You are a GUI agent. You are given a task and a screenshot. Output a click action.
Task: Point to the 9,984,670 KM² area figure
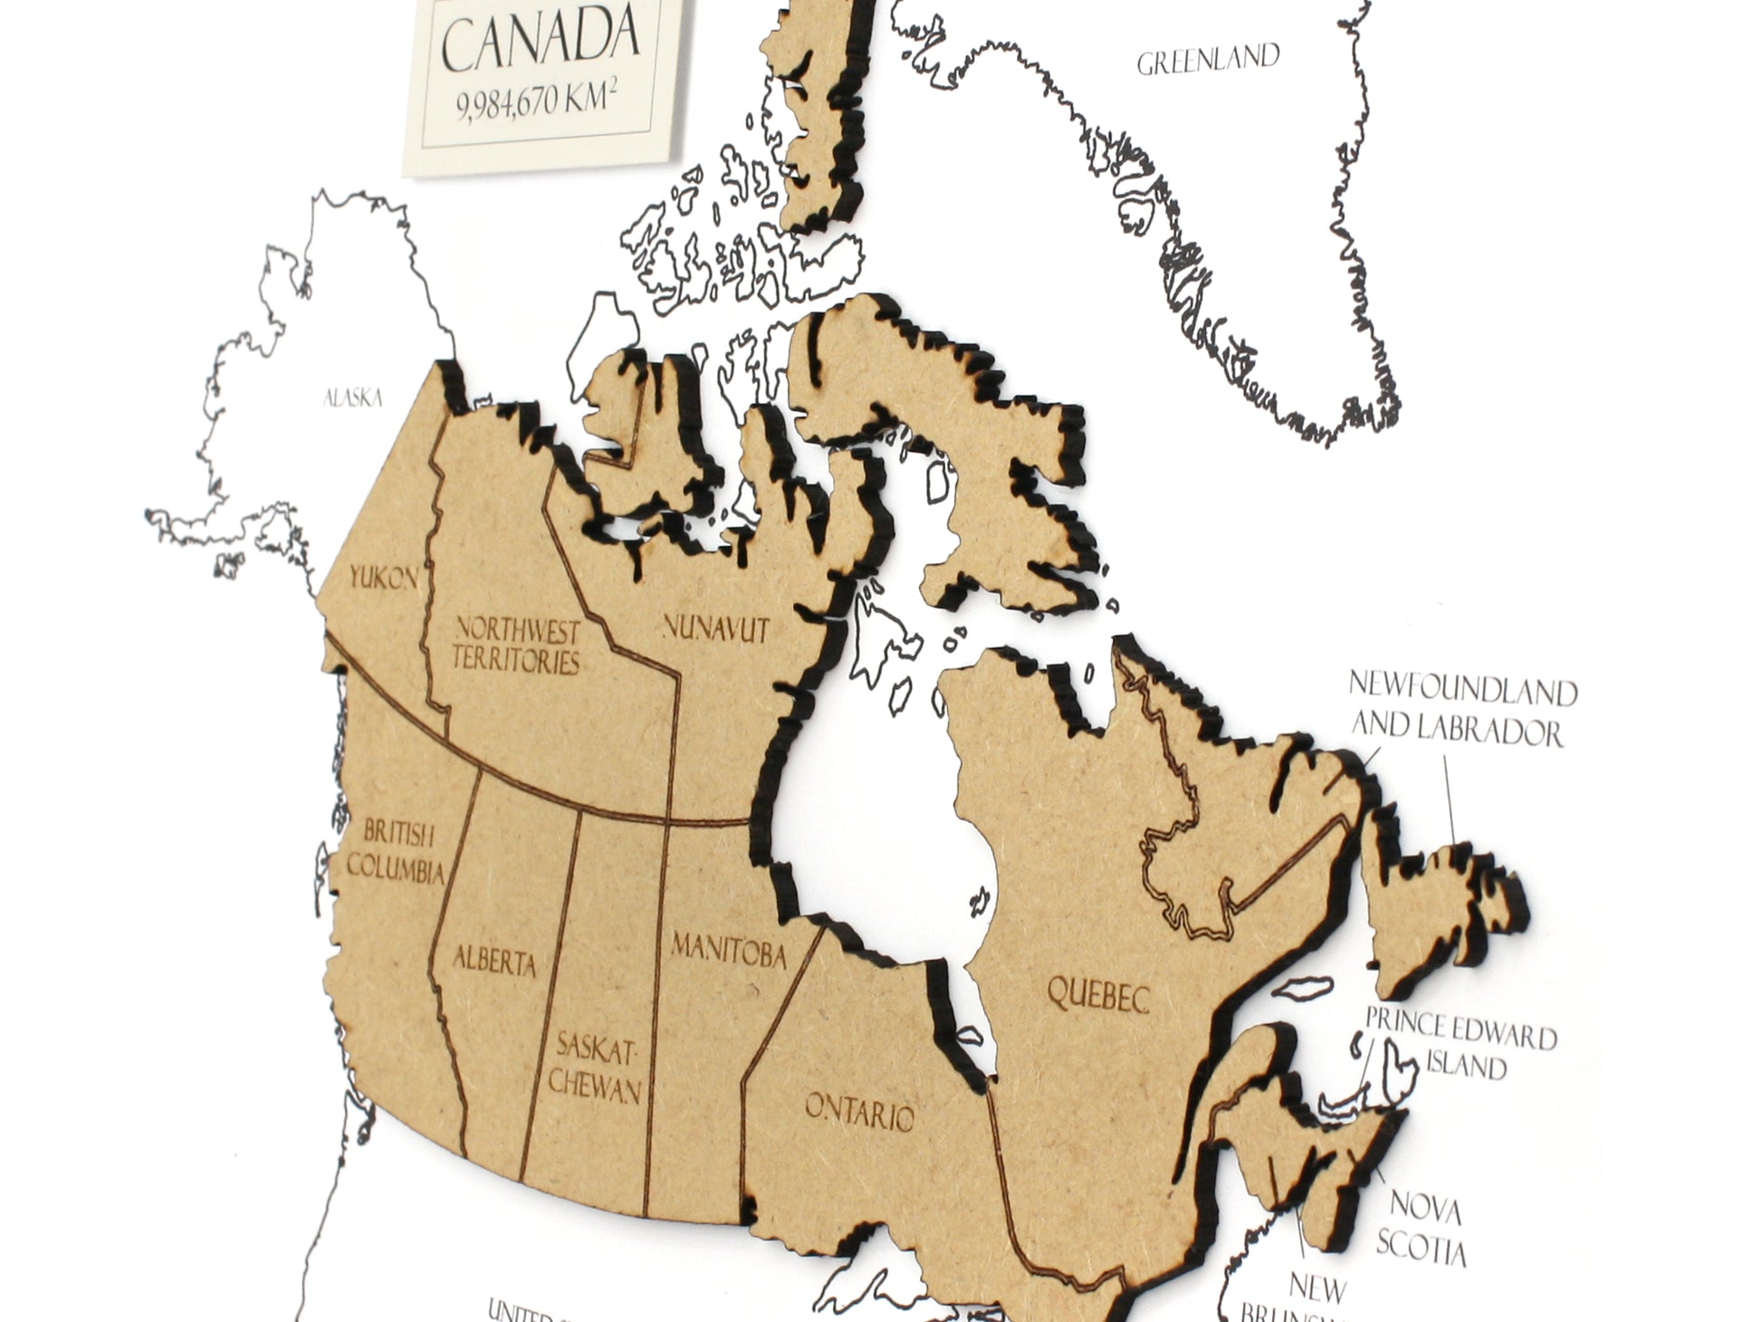[x=543, y=101]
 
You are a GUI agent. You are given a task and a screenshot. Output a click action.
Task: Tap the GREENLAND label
[x=1207, y=61]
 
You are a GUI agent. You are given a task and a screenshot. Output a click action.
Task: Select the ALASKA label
[x=353, y=398]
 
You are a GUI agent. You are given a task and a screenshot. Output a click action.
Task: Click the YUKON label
[x=383, y=577]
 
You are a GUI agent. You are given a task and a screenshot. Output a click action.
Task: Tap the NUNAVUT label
[x=716, y=627]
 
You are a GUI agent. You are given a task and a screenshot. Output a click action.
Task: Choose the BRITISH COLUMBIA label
[x=396, y=851]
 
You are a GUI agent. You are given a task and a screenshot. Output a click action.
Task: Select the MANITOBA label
[x=728, y=950]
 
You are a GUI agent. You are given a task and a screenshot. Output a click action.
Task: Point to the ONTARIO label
[x=859, y=1112]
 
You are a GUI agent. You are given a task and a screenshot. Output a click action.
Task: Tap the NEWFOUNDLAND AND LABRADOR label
[x=1460, y=710]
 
